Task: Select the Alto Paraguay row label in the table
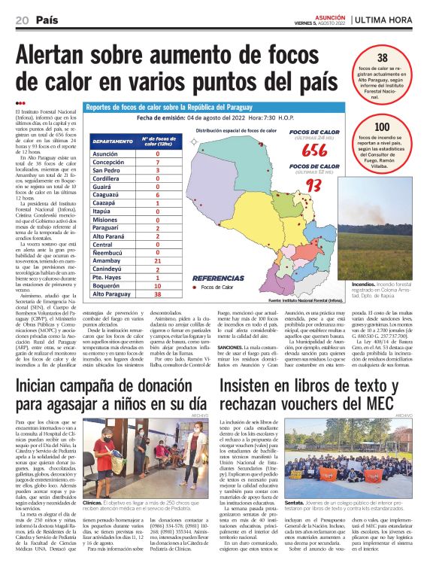pyautogui.click(x=114, y=294)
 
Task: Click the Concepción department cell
pyautogui.click(x=108, y=162)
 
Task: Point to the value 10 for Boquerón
pyautogui.click(x=158, y=286)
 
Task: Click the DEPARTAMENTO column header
pyautogui.click(x=114, y=140)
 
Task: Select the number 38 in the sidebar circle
pyautogui.click(x=381, y=58)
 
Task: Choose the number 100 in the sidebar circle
pyautogui.click(x=382, y=127)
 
